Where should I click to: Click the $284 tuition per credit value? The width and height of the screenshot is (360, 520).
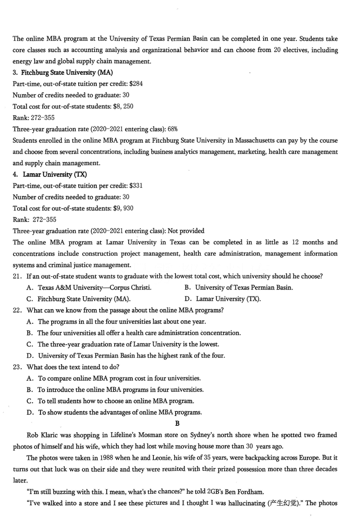coord(136,84)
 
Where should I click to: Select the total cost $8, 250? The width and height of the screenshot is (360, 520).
coord(122,106)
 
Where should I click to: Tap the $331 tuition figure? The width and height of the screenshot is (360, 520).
coord(136,185)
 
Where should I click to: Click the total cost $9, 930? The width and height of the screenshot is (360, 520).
coord(122,208)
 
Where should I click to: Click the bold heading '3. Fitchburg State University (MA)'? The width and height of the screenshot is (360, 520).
coord(63,72)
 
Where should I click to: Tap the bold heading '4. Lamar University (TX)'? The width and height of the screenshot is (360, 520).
coord(49,174)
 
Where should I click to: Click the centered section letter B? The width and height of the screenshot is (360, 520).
coord(177,424)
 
